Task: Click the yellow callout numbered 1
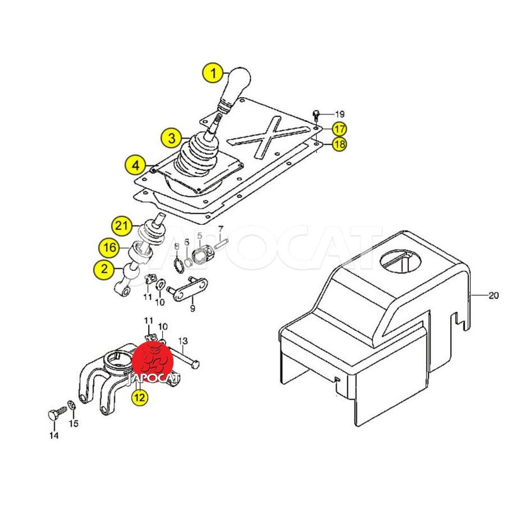[x=213, y=74]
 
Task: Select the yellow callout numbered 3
[x=171, y=138]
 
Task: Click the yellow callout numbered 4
[x=135, y=165]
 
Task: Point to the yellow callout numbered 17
[x=339, y=129]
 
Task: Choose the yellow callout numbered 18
[x=339, y=144]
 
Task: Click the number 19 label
[x=340, y=114]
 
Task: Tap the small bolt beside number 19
[x=316, y=115]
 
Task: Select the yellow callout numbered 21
[x=122, y=225]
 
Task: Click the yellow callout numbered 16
[x=109, y=248]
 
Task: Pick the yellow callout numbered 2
[x=103, y=269]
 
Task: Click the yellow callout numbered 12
[x=139, y=397]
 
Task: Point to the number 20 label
[x=493, y=296]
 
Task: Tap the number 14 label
[x=54, y=435]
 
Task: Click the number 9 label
[x=192, y=308]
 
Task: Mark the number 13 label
[x=183, y=341]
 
